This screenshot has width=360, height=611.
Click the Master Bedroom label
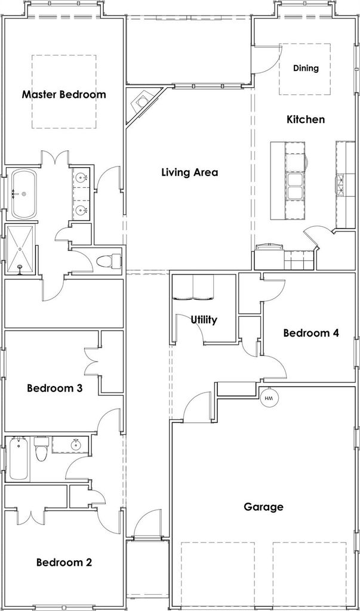point(64,94)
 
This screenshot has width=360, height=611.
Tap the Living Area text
point(190,172)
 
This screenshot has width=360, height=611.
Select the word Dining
point(306,69)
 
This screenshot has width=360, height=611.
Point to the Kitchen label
point(306,119)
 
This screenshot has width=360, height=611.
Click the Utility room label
point(204,320)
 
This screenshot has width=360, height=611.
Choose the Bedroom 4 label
point(311,333)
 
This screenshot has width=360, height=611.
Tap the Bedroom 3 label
point(54,388)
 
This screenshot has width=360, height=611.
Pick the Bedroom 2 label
point(64,563)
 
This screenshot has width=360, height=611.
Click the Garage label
point(263,507)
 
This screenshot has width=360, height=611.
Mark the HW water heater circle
point(268,398)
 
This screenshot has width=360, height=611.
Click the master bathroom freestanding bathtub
point(24,194)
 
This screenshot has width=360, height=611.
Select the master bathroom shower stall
point(20,249)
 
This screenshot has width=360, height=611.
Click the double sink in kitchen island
point(296,186)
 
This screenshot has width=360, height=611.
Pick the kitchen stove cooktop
point(339,184)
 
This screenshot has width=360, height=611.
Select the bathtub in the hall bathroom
point(19,459)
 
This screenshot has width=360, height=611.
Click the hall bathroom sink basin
point(75,445)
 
